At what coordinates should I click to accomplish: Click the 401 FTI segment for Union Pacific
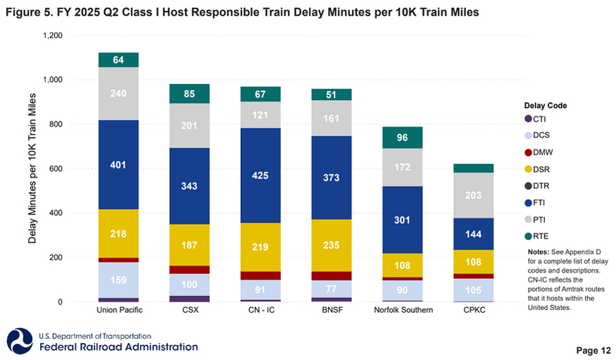coord(118,165)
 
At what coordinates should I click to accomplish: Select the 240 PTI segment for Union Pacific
coord(118,93)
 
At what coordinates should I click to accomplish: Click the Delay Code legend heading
coord(546,106)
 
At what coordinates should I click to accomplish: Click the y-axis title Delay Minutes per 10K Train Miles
coord(33,169)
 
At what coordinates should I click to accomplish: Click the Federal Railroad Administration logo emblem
coord(19,342)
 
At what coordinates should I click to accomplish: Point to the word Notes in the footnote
coord(539,252)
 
